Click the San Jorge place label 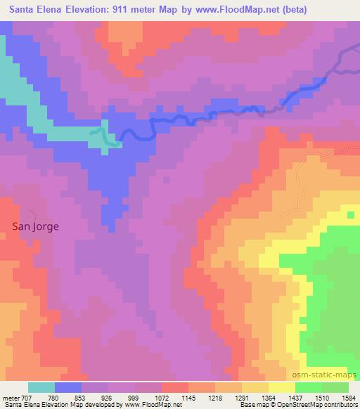point(36,226)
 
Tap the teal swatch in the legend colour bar point(41,387)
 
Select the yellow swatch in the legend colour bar point(281,387)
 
